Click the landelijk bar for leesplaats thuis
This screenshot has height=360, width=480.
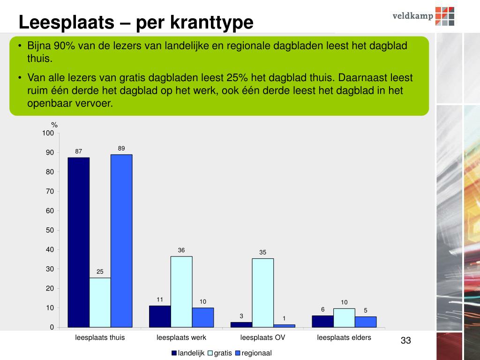click(78, 242)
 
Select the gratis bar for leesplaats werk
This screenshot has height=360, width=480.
click(181, 291)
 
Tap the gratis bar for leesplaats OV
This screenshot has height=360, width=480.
click(262, 292)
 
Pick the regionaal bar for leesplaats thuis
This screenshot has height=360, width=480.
click(121, 240)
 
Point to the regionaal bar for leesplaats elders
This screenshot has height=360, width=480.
click(366, 322)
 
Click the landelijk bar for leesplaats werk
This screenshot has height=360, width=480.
click(160, 316)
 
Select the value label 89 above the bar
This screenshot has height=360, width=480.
click(121, 149)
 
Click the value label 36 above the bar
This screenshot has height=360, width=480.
click(181, 250)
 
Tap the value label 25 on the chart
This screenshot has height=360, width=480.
click(100, 272)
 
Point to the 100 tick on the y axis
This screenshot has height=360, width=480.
click(48, 134)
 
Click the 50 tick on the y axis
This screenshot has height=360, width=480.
click(50, 230)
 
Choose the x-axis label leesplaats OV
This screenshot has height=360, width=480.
click(262, 337)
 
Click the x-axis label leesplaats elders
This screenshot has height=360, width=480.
click(344, 337)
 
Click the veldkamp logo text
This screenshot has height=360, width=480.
click(412, 15)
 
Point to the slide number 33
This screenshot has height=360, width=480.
click(405, 340)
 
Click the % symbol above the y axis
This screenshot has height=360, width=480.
click(54, 125)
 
